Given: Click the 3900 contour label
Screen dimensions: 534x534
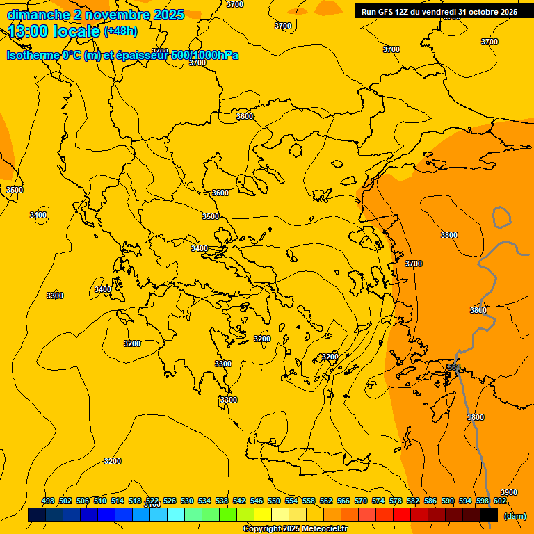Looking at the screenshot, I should click(x=508, y=492).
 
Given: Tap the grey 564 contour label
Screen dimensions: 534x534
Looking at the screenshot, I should click(x=453, y=367).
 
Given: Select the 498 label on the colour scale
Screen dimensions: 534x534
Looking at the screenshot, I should click(x=48, y=501).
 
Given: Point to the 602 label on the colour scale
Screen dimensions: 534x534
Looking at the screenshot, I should click(x=500, y=501).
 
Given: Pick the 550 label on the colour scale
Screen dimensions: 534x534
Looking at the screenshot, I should click(x=274, y=501).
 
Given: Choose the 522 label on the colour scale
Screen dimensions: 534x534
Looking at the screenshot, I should click(x=152, y=501).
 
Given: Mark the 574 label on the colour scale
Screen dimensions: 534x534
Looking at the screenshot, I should click(x=378, y=501).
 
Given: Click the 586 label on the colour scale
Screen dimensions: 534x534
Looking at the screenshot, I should click(x=430, y=501).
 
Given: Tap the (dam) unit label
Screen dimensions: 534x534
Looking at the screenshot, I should click(x=515, y=516).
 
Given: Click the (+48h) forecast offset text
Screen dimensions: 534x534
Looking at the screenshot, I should click(x=120, y=31).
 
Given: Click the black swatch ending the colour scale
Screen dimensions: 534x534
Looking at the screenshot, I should click(x=488, y=515).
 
